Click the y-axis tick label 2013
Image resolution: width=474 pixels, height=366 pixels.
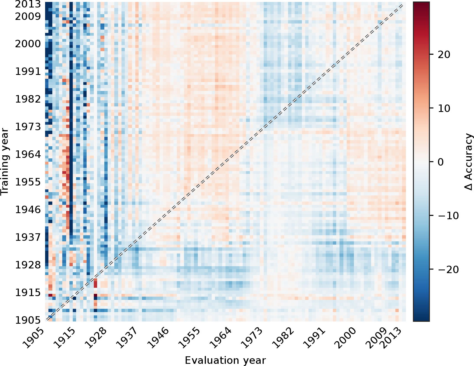point(28,4)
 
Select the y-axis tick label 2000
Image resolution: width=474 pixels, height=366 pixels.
point(28,44)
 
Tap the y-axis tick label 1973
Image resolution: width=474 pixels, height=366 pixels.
point(28,127)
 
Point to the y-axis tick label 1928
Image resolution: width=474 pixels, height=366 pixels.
point(28,265)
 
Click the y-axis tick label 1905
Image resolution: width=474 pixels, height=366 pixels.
point(28,320)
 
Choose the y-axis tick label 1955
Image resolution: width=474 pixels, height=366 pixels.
point(28,182)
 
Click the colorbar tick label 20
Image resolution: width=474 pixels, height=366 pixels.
point(444,54)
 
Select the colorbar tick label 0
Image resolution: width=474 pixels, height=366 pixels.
point(441,162)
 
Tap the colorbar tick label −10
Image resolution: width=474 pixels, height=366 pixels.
point(448,216)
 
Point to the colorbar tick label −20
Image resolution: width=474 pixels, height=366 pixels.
point(448,269)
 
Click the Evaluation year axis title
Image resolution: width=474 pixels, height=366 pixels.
point(225,360)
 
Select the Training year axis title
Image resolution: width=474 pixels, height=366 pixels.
point(5,162)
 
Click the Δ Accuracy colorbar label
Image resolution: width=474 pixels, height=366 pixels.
point(468,162)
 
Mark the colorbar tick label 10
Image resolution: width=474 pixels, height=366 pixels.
point(444,108)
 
